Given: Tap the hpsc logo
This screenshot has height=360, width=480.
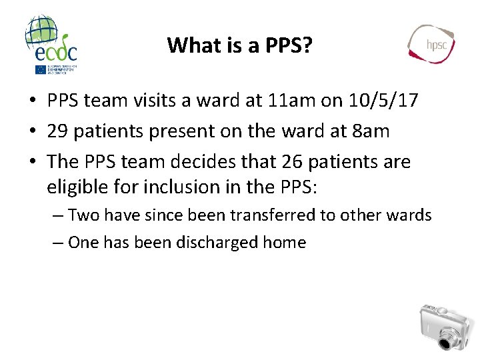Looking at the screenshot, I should click(431, 44).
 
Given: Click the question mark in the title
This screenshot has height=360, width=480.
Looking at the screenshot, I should click(308, 45).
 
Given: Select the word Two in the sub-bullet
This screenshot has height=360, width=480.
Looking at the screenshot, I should click(82, 215).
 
